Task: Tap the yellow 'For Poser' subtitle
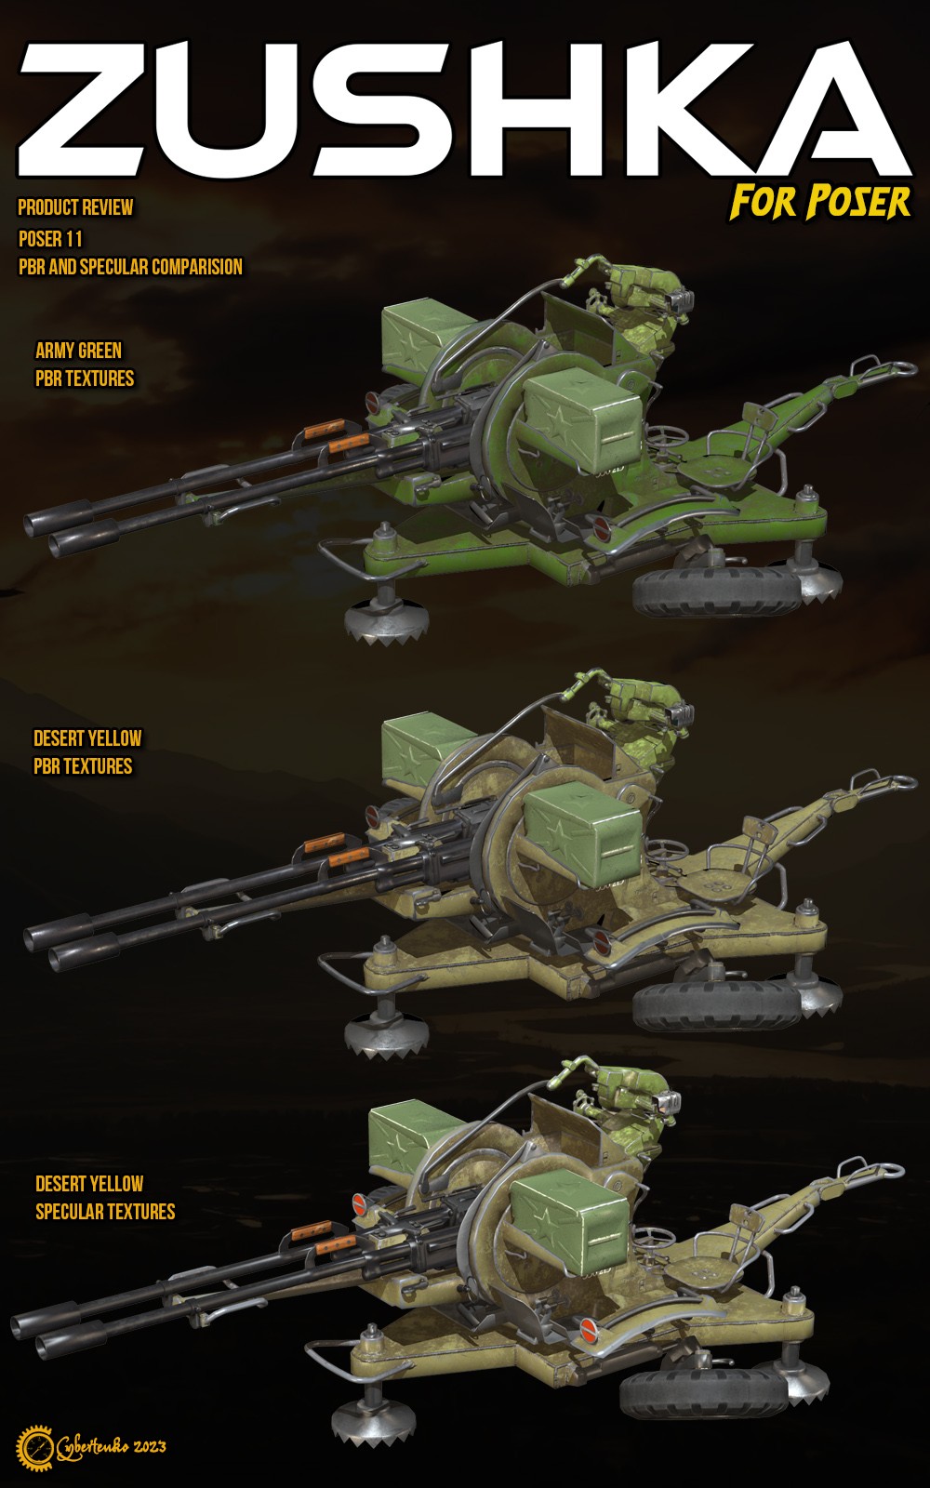820,203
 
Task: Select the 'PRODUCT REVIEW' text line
75,207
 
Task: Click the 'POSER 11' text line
50,238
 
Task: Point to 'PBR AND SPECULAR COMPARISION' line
130,267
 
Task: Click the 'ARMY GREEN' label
78,350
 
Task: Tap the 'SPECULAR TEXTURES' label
106,1211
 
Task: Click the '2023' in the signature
150,1446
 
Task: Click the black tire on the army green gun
717,590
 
